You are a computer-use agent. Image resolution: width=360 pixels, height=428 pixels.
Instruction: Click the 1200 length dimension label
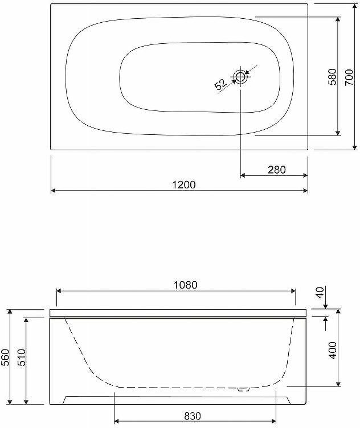[x=184, y=185]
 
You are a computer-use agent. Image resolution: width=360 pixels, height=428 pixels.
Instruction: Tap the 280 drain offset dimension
[x=277, y=170]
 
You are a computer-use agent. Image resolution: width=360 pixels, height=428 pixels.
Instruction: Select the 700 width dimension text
[x=349, y=77]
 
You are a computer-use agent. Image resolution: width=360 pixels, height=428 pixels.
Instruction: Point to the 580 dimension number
[x=333, y=77]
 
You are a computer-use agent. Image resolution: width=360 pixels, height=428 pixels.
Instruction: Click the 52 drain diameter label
[x=220, y=84]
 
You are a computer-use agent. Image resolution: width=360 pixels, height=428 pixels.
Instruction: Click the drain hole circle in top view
[x=240, y=77]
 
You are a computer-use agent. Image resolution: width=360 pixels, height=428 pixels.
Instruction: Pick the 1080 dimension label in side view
[x=186, y=285]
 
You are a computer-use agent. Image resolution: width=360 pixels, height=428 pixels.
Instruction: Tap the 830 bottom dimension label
[x=193, y=416]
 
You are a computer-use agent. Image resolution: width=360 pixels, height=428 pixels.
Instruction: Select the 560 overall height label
[x=5, y=357]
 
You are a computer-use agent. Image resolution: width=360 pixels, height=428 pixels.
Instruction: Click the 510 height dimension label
[x=21, y=357]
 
